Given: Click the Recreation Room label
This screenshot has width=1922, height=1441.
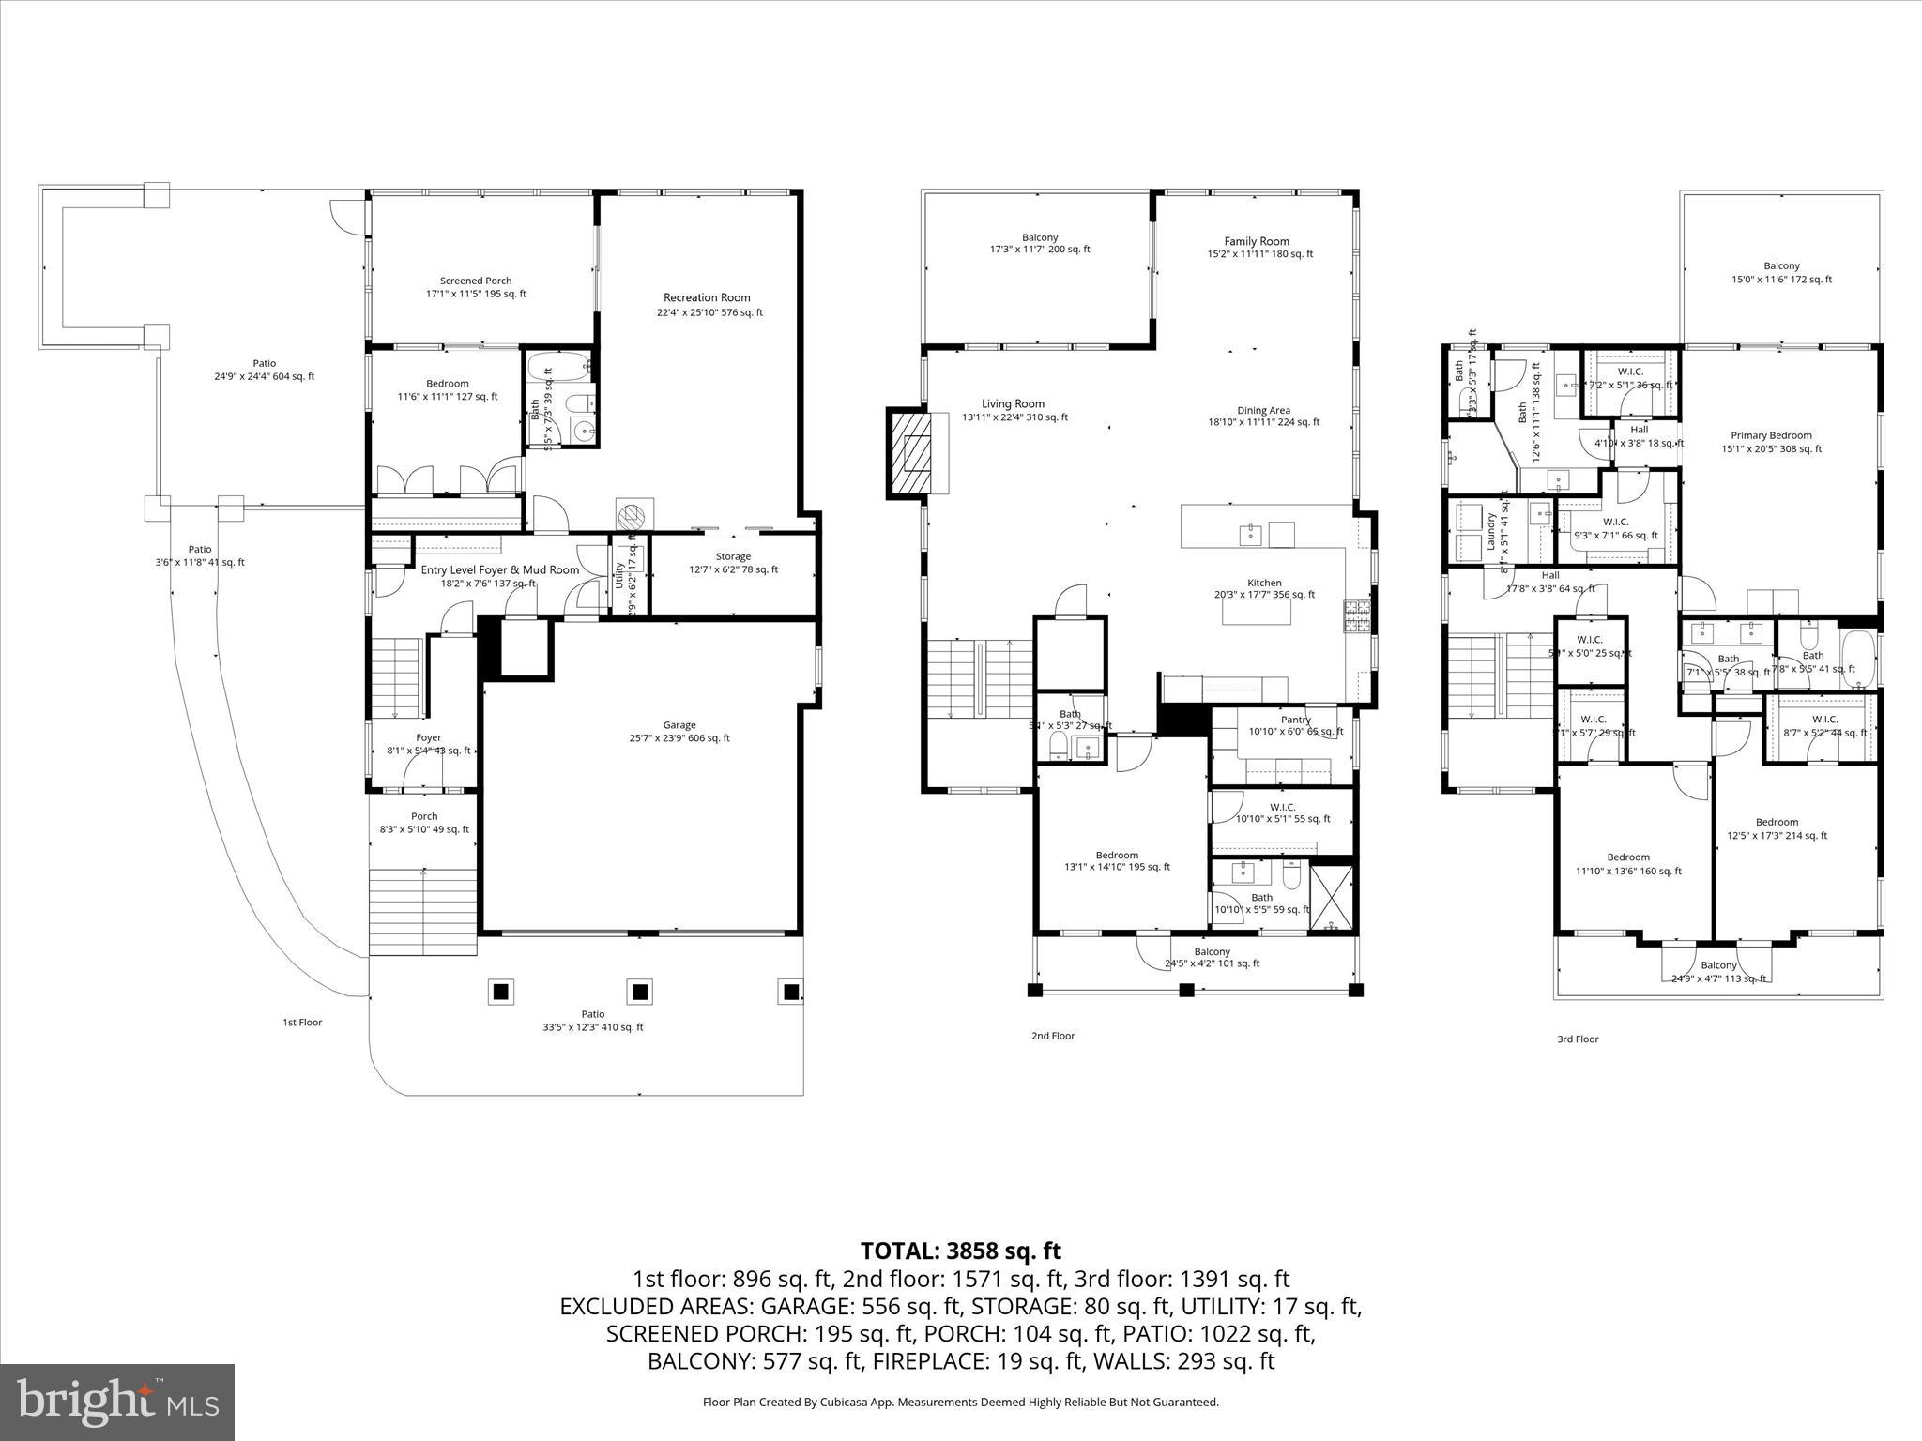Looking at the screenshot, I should [x=707, y=298].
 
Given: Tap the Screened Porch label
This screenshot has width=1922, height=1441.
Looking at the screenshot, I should [x=476, y=281].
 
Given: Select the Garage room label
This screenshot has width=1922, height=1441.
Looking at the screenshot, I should [x=679, y=725].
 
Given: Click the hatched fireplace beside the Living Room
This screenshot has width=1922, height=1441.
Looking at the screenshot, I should [x=908, y=453].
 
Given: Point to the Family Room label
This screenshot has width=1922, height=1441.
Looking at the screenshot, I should [x=1257, y=242].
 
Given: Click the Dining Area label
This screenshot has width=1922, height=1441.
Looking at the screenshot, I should [x=1263, y=411].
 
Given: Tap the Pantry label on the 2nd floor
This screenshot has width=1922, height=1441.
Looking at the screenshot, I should [x=1295, y=720].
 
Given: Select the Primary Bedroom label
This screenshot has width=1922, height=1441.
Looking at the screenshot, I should [x=1771, y=435].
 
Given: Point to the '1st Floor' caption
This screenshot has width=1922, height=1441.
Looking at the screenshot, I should [x=302, y=1023].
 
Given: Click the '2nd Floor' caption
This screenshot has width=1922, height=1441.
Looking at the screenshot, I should [x=1053, y=1036].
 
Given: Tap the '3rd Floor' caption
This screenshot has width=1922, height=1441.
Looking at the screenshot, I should [x=1577, y=1039].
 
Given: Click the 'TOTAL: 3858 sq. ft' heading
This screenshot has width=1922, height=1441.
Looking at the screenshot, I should [x=960, y=1251].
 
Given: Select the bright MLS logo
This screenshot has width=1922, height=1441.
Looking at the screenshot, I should [x=117, y=1402].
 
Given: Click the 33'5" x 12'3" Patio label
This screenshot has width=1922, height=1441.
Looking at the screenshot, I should [x=592, y=1014].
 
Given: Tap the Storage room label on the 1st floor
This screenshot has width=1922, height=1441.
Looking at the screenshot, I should [x=733, y=556].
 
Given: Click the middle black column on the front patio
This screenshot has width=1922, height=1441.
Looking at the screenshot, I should [x=641, y=992].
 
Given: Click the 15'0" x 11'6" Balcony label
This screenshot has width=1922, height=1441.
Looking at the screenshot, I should [x=1781, y=266].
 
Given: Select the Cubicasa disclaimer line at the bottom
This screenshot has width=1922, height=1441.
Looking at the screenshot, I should [x=960, y=1402].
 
